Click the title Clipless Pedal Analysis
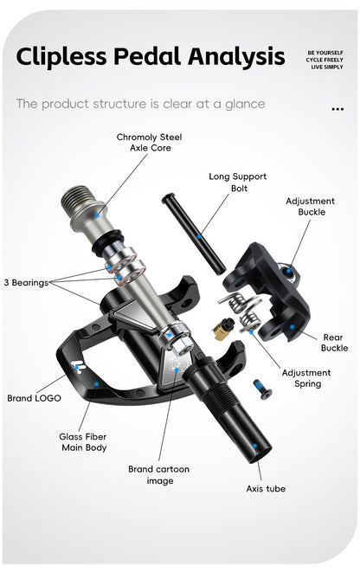150,58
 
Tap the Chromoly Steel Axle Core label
150,142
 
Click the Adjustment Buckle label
311,206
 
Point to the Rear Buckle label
334,343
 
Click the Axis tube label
265,489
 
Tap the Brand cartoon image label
158,474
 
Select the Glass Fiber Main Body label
83,442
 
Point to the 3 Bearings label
25,282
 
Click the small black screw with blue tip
261,389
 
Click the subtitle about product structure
140,105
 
